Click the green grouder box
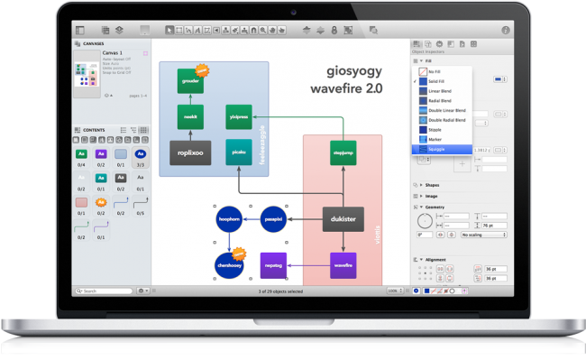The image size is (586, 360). [x=190, y=81]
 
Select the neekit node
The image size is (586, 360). [x=190, y=117]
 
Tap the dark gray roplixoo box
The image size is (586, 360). [x=190, y=152]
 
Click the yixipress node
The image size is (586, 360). [x=239, y=117]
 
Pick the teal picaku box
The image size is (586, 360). [x=239, y=152]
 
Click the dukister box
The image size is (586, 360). [x=343, y=218]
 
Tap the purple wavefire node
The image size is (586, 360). [x=343, y=265]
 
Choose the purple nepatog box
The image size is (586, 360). [x=273, y=265]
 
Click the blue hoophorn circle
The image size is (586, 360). [x=229, y=218]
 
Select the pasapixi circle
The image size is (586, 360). [x=273, y=218]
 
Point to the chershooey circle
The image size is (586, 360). [x=229, y=265]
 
